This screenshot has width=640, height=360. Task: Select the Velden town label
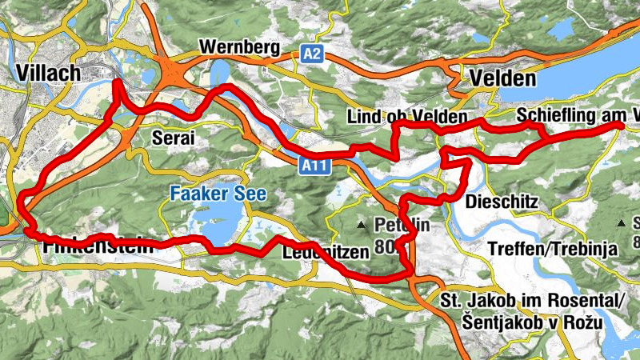pyautogui.click(x=503, y=78)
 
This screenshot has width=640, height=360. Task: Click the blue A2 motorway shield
pyautogui.click(x=313, y=52)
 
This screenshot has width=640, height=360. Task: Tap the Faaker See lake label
pyautogui.click(x=217, y=194)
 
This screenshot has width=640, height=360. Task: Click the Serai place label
pyautogui.click(x=173, y=138)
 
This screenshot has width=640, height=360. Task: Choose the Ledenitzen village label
pyautogui.click(x=324, y=251)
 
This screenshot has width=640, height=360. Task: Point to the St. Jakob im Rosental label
pyautogui.click(x=531, y=302)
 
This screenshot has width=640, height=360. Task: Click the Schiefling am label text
pyautogui.click(x=572, y=115)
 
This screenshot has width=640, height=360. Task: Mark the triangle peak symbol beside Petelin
pyautogui.click(x=362, y=225)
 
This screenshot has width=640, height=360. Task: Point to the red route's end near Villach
pyautogui.click(x=118, y=82)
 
